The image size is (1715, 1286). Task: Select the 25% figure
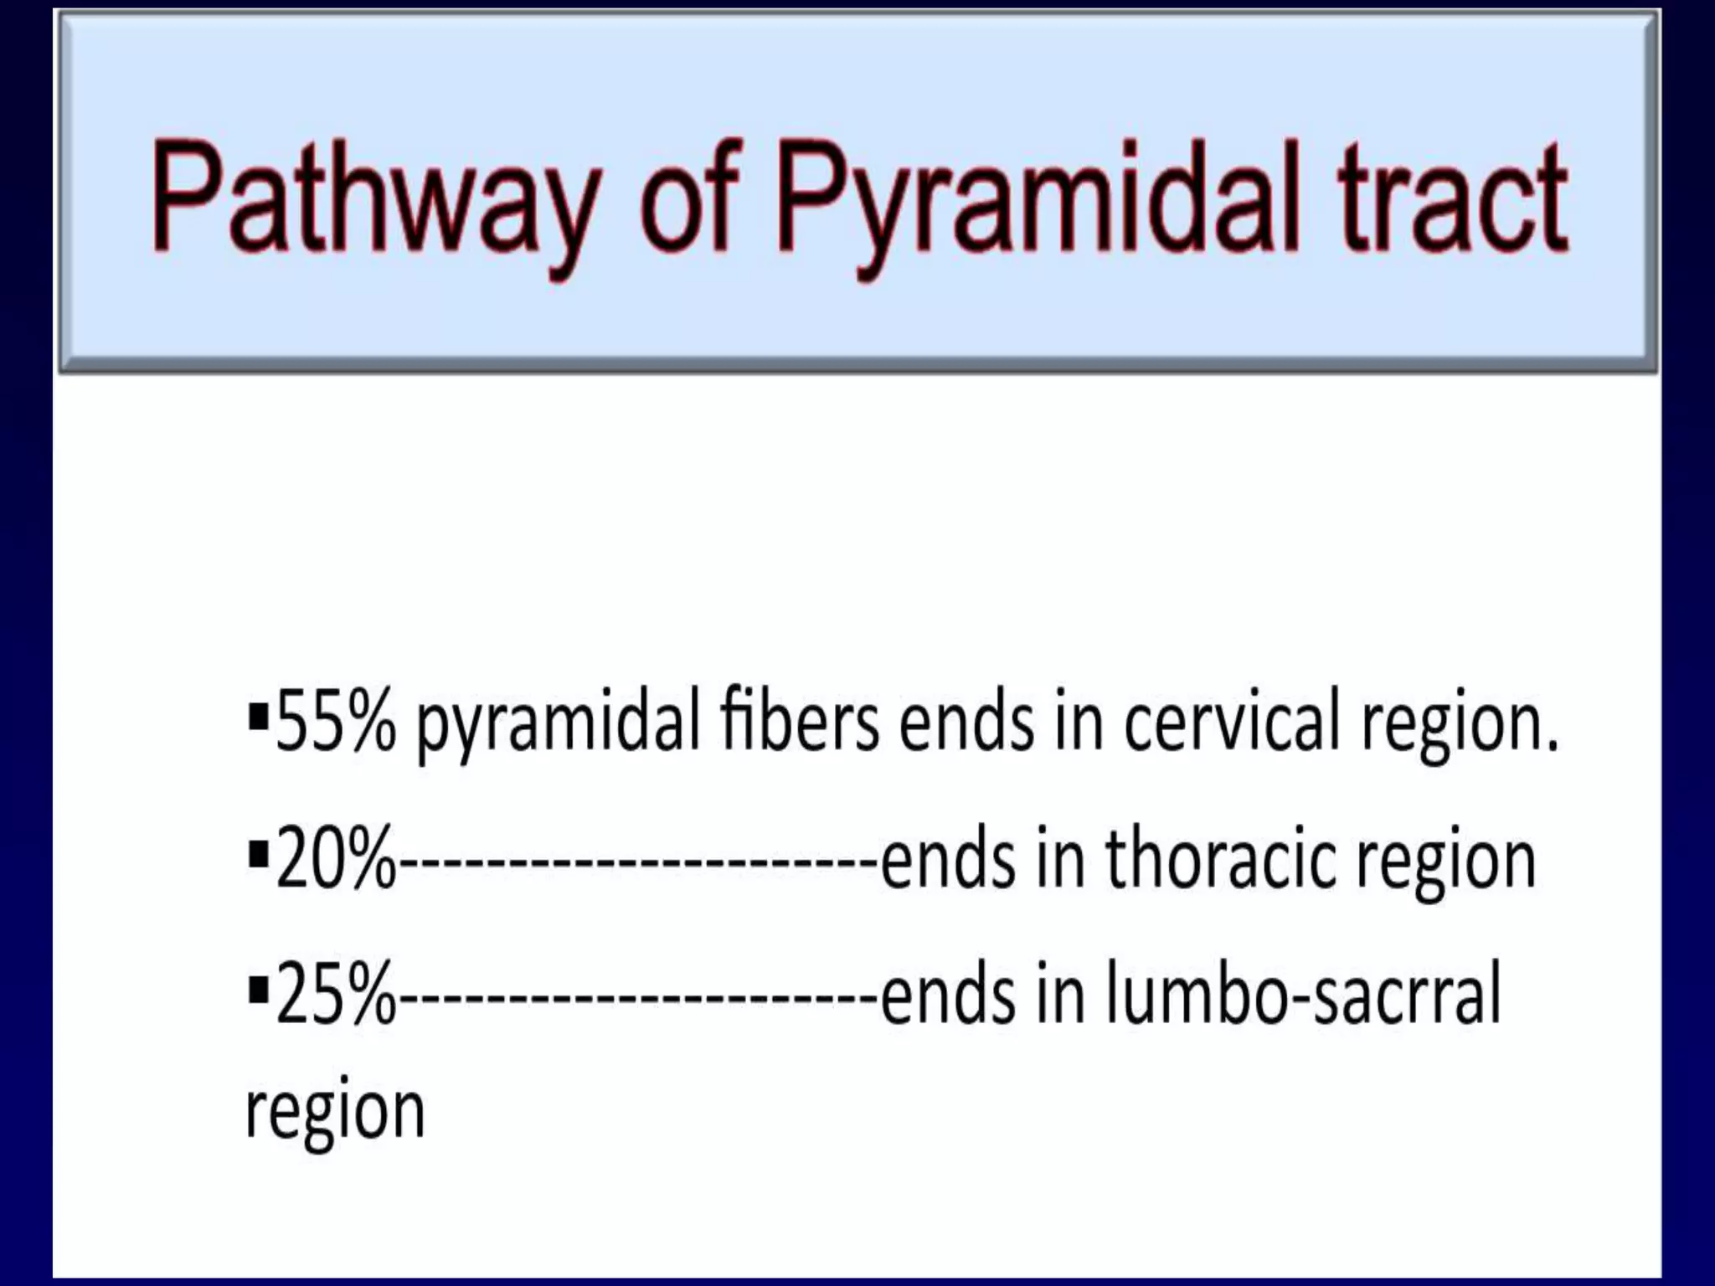point(334,995)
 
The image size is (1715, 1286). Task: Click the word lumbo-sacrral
point(1303,995)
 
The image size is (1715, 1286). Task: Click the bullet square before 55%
point(259,718)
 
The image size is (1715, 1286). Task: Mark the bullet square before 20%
point(259,855)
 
